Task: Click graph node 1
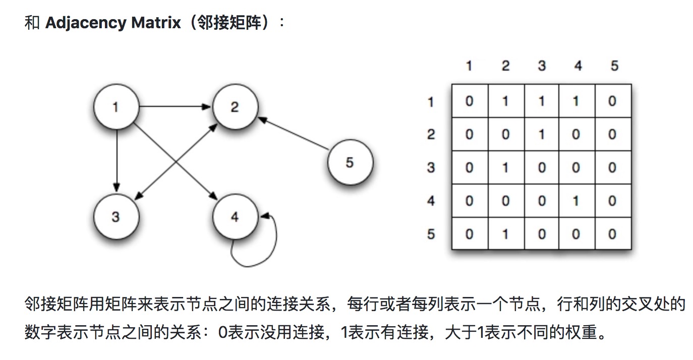[116, 107]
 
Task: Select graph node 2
[235, 107]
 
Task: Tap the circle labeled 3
[116, 217]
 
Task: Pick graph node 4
[235, 217]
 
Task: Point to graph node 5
[350, 163]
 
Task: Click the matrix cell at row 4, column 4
[576, 201]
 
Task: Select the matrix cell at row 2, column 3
[541, 135]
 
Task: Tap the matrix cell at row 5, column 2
[505, 233]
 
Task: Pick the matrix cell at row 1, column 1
[470, 101]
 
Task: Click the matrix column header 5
[614, 66]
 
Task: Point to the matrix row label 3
[431, 167]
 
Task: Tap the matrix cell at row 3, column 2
[505, 167]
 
